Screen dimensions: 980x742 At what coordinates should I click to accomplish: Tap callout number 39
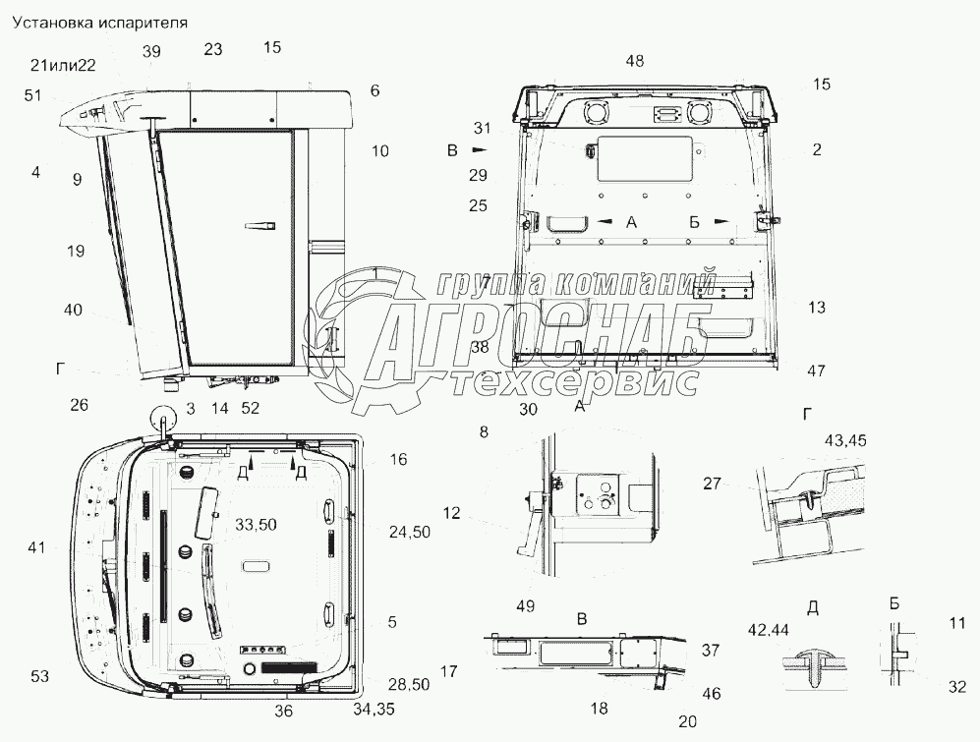(x=150, y=52)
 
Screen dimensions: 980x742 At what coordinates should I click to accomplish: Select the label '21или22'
(x=62, y=65)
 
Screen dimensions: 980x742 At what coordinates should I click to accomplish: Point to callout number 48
(x=635, y=62)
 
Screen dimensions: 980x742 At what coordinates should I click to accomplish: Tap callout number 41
(x=37, y=548)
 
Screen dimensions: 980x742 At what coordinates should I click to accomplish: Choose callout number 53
(x=38, y=675)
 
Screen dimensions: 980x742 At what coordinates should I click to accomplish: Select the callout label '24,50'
(x=410, y=532)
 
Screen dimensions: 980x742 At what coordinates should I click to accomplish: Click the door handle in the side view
(x=258, y=226)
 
